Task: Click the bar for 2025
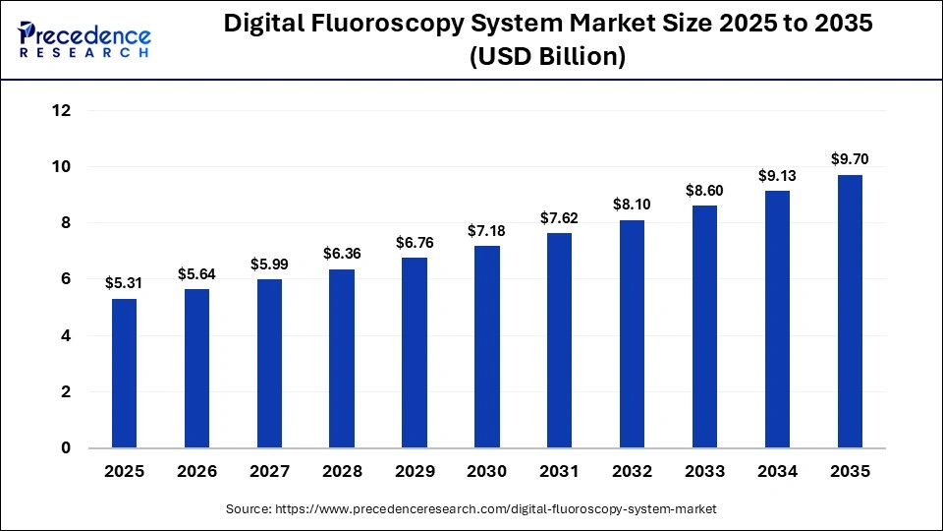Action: [124, 374]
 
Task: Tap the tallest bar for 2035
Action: [850, 312]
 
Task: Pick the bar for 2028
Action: [342, 359]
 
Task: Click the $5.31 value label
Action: [124, 283]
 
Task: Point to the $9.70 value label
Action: [850, 159]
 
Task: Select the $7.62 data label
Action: [560, 218]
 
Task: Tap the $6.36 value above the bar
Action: [342, 254]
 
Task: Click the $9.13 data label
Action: [777, 176]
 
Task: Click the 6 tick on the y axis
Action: [67, 279]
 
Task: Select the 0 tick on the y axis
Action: [67, 448]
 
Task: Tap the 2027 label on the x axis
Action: [269, 472]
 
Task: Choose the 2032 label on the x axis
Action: [633, 472]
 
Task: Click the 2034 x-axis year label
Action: [777, 472]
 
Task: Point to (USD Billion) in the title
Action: [547, 57]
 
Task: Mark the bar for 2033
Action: [704, 326]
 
